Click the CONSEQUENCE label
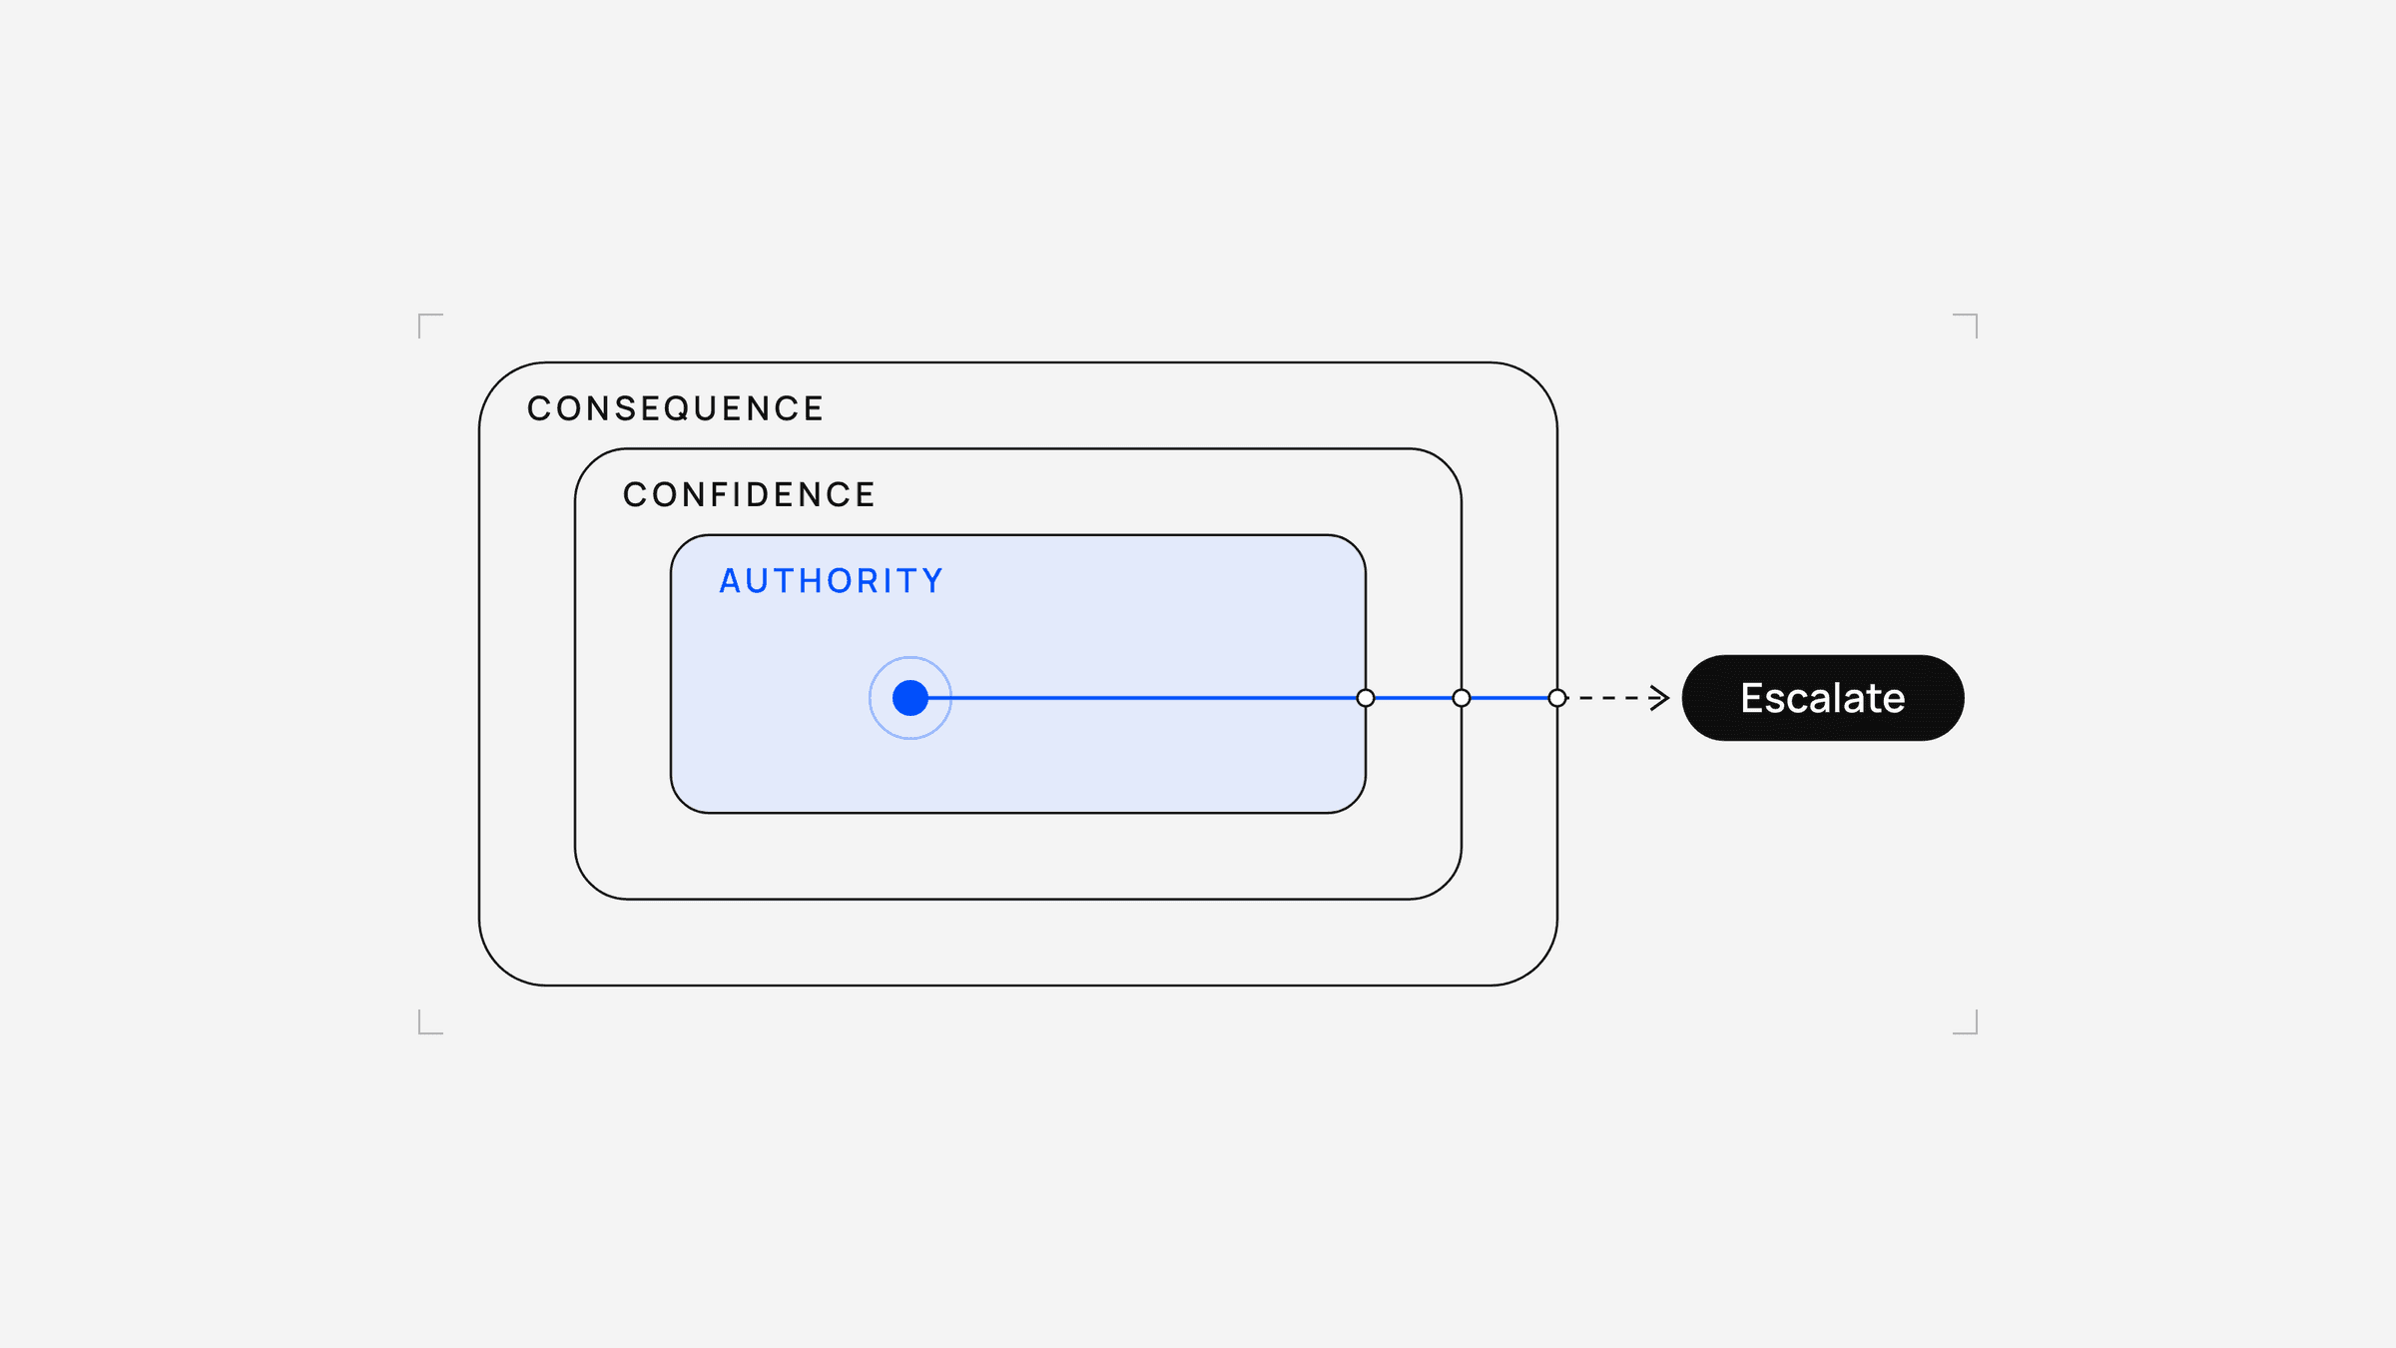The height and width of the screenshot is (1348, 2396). (x=675, y=408)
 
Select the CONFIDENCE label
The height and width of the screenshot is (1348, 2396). (x=749, y=494)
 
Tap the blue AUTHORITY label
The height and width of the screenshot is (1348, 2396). (x=832, y=581)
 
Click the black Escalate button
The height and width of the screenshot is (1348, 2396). (x=1823, y=698)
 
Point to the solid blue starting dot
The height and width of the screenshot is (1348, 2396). (x=910, y=698)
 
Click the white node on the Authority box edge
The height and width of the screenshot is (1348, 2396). (x=1366, y=698)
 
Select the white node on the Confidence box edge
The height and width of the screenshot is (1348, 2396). (x=1462, y=698)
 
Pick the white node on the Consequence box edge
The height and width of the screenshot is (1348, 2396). (x=1557, y=698)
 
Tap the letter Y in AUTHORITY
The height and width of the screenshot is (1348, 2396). (x=933, y=581)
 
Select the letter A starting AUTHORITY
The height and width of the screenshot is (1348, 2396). (x=731, y=581)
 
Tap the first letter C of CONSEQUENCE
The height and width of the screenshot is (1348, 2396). (x=539, y=408)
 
